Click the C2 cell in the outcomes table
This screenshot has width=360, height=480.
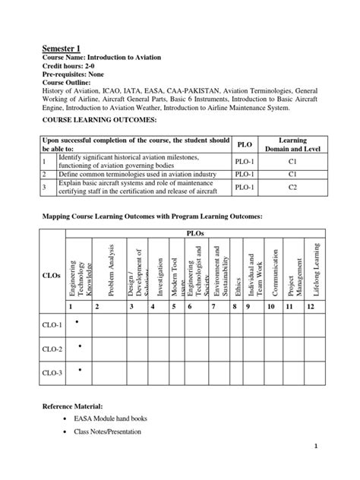point(292,186)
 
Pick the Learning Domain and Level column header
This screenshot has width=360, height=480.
point(292,145)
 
